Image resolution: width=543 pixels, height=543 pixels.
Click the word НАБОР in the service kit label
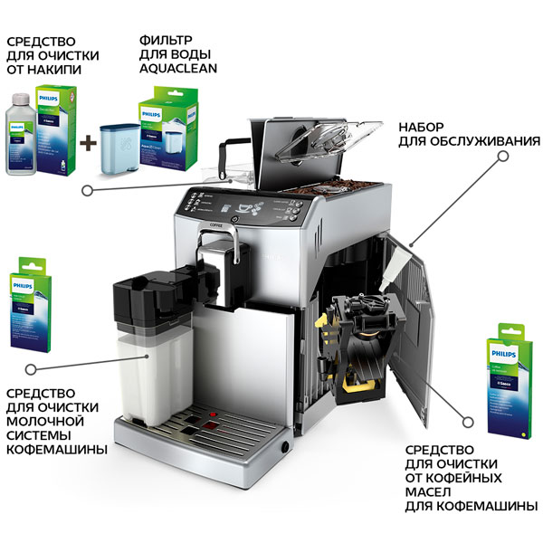point(426,128)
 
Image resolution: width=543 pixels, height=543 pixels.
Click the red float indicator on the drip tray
point(210,425)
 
